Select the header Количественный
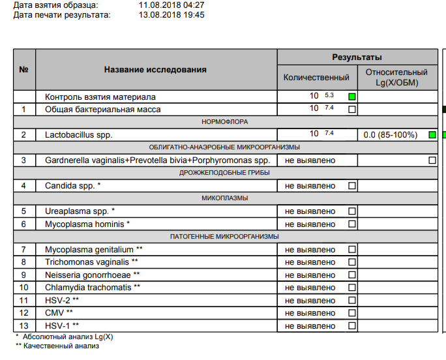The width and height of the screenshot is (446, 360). click(x=316, y=78)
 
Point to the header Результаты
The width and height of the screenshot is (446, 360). click(x=357, y=57)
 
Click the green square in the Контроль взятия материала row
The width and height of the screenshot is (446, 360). click(x=352, y=97)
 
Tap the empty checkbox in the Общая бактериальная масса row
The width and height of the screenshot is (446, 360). click(x=352, y=110)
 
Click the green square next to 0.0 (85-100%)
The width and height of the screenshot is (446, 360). click(x=432, y=135)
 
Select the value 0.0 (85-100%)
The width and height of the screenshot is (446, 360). click(x=389, y=135)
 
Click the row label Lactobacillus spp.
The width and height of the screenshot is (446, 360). click(x=79, y=135)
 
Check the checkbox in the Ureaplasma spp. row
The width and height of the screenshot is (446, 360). click(x=352, y=211)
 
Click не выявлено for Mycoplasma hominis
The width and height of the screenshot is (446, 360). click(x=310, y=224)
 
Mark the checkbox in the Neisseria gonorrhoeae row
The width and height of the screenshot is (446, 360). click(x=352, y=275)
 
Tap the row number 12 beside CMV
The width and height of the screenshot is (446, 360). click(x=24, y=312)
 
